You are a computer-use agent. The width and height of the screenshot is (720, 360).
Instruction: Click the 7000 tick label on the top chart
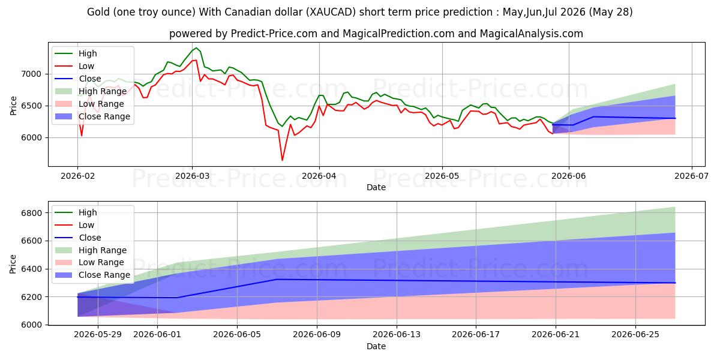coord(31,74)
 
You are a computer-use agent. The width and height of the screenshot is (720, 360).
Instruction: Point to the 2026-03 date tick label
coord(192,176)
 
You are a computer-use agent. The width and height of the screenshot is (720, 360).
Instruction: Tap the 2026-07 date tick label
coord(691,176)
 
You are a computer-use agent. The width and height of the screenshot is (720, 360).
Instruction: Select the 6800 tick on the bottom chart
coord(32,213)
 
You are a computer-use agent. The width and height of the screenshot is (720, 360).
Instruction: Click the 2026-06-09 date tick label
coord(317,335)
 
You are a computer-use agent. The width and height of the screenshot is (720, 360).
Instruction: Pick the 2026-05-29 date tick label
coord(98,335)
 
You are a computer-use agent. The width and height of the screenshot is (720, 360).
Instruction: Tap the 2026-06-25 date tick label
coord(635,335)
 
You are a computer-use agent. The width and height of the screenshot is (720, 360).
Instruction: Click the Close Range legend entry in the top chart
coord(92,116)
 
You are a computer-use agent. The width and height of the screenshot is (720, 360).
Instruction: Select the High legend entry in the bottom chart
coord(76,212)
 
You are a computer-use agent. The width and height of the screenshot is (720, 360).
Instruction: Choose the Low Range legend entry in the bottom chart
coord(89,263)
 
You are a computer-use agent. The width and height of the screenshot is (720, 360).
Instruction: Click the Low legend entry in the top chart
coord(74,66)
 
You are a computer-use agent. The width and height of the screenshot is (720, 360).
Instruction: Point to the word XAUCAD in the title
coord(331,12)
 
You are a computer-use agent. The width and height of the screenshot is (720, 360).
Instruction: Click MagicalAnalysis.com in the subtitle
coord(532,34)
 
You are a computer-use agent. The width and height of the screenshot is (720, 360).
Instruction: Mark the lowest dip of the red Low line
coord(282,160)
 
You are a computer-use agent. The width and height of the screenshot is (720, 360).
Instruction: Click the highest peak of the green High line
coord(196,48)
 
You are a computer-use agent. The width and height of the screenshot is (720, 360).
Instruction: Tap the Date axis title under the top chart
coord(376,187)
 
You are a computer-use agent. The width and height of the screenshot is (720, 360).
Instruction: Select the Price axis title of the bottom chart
coord(13,264)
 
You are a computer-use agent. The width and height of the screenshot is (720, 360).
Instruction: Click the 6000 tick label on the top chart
coord(31,138)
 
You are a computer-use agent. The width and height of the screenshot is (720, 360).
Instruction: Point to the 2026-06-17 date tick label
coord(476,335)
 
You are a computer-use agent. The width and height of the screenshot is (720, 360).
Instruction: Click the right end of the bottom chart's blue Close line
coord(675,283)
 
